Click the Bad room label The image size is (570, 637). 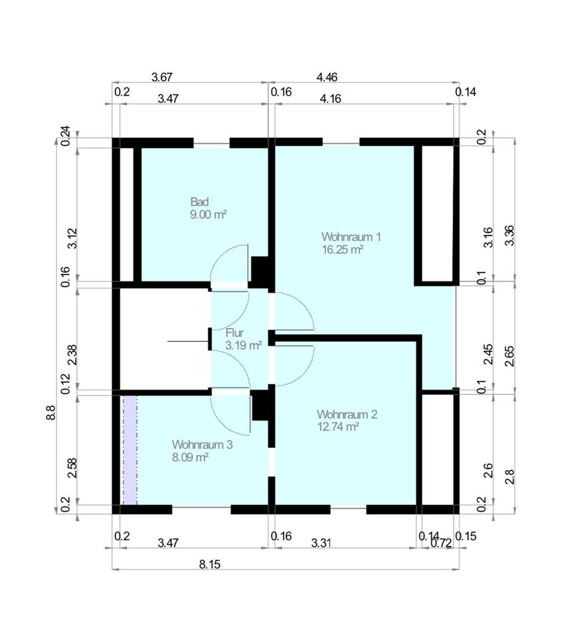(x=199, y=202)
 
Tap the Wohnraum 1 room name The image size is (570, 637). (x=351, y=237)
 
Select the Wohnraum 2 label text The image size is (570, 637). (x=347, y=414)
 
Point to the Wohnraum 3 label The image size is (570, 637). (x=202, y=445)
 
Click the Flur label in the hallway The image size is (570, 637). (x=235, y=333)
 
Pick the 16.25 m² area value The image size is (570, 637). (x=343, y=249)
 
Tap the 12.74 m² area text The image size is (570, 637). (x=338, y=427)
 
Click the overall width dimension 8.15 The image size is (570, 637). (x=210, y=564)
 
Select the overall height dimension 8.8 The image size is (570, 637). (x=51, y=412)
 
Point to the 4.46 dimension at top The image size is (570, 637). (x=327, y=77)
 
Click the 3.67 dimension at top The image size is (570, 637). (x=162, y=77)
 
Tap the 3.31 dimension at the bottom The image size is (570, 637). (x=321, y=543)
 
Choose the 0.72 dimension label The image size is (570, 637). (x=441, y=543)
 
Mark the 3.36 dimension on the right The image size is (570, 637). (x=510, y=235)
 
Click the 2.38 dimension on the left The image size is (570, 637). (x=72, y=354)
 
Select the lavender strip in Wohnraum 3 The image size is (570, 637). (x=130, y=450)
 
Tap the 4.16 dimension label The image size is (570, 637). (x=330, y=98)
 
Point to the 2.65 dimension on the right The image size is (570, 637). (x=510, y=356)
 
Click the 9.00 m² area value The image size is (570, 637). (x=209, y=214)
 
